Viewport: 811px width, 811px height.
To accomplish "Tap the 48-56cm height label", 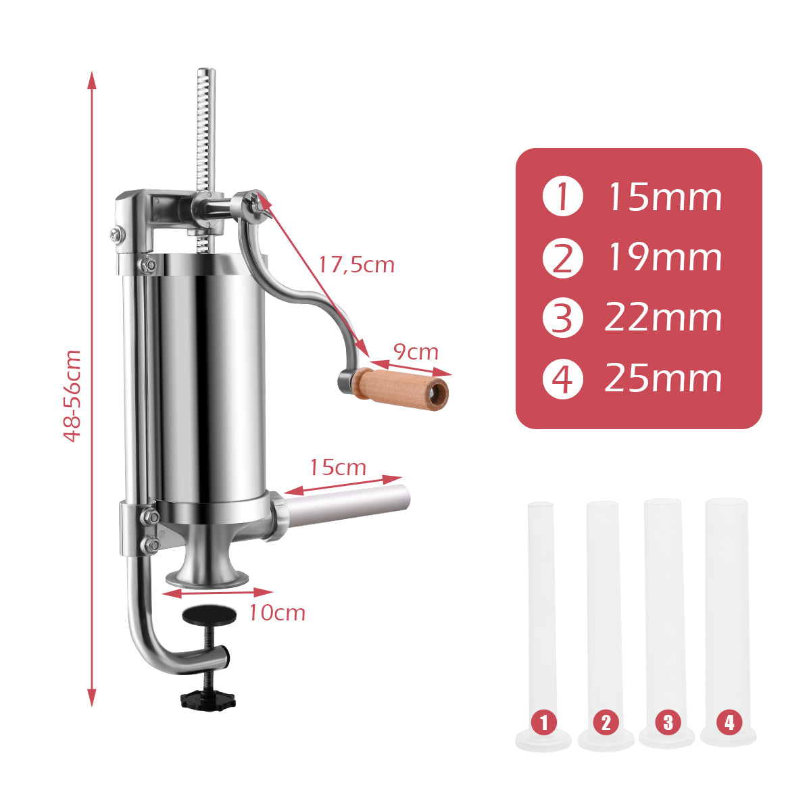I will (72, 396).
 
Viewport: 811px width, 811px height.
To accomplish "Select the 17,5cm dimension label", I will (356, 264).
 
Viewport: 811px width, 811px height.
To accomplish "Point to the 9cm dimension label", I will (416, 352).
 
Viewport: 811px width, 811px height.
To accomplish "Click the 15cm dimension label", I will (338, 467).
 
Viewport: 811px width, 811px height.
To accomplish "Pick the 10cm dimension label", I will (277, 613).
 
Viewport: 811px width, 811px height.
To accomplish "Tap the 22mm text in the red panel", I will (664, 318).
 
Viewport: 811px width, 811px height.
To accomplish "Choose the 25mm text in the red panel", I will (664, 378).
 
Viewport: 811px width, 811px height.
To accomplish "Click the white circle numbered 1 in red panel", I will (562, 197).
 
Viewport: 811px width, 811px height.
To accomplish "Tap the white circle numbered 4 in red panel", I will (562, 378).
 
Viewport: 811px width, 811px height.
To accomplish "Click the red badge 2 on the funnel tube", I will (606, 722).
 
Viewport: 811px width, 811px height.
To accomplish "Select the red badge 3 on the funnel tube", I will (668, 722).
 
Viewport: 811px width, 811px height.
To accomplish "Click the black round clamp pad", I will (210, 614).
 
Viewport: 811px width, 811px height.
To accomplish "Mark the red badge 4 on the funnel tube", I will (729, 722).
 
